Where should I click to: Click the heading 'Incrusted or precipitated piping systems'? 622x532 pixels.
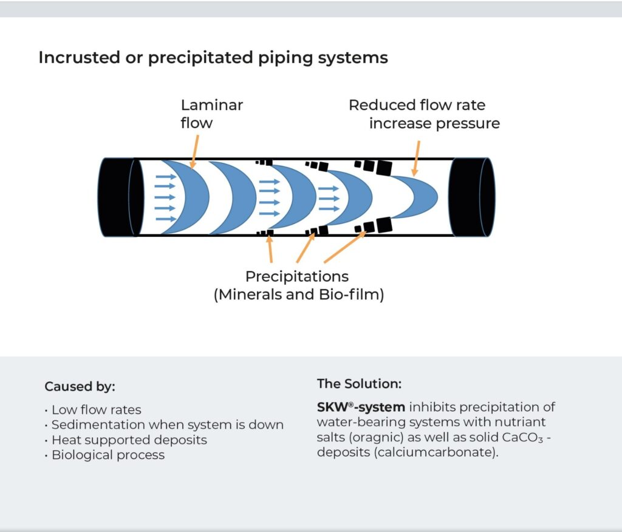213,58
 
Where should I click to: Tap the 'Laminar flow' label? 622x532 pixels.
211,114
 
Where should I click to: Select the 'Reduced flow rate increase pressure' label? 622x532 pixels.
424,114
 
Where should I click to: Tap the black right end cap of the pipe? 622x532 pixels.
471,197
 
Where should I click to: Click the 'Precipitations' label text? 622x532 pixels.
297,277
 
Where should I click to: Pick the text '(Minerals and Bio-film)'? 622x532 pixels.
298,296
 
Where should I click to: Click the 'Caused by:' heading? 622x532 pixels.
80,387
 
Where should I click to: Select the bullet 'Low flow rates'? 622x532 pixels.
96,410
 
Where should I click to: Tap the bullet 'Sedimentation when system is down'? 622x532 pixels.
167,425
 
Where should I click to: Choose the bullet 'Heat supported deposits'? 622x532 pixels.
129,440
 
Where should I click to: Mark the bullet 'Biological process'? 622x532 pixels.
108,455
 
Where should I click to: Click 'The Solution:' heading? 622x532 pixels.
359,384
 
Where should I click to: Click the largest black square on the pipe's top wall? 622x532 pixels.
383,166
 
